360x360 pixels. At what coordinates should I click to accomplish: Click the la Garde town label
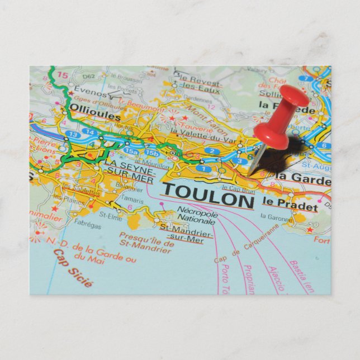point(302,177)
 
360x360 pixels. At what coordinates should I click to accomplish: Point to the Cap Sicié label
point(73,268)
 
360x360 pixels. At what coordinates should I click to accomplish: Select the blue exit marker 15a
point(131,151)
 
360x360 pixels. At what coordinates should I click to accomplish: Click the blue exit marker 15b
point(151,152)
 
